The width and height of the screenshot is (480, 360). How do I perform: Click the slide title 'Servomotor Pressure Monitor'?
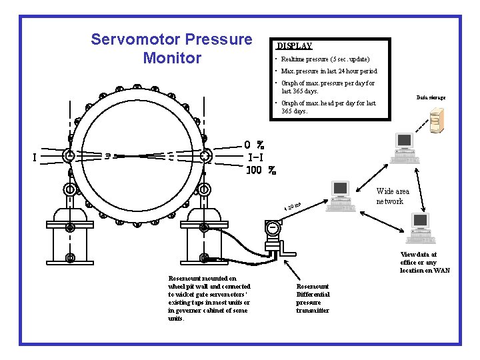pyautogui.click(x=171, y=48)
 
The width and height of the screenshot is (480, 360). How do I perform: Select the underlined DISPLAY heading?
pyautogui.click(x=294, y=46)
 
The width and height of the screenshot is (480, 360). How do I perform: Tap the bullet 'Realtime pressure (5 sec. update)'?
pyautogui.click(x=325, y=59)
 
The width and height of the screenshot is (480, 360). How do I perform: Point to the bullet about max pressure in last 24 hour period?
pyautogui.click(x=329, y=71)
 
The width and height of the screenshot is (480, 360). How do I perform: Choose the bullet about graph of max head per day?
pyautogui.click(x=327, y=107)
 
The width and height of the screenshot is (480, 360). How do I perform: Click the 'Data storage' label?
pyautogui.click(x=431, y=97)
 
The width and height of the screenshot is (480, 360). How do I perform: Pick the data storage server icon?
pyautogui.click(x=436, y=121)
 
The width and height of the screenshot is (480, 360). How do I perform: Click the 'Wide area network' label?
pyautogui.click(x=393, y=196)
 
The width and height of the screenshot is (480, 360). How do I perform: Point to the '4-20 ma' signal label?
pyautogui.click(x=293, y=208)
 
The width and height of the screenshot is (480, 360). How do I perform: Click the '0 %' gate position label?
pyautogui.click(x=254, y=145)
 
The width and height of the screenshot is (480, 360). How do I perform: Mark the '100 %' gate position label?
pyautogui.click(x=261, y=170)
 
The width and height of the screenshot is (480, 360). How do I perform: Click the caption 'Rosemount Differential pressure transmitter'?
pyautogui.click(x=313, y=298)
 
